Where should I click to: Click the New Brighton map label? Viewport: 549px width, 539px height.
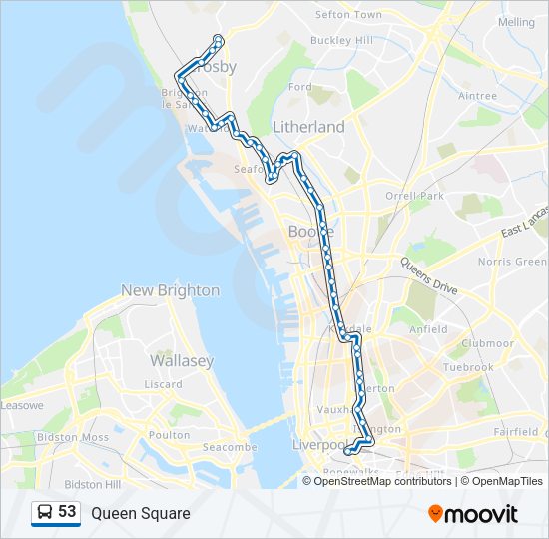pyautogui.click(x=170, y=290)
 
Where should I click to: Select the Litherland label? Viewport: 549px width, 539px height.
pyautogui.click(x=308, y=127)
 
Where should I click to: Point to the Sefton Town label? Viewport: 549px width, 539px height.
pyautogui.click(x=348, y=15)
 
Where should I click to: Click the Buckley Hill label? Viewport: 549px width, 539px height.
pyautogui.click(x=341, y=40)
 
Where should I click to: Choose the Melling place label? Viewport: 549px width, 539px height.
pyautogui.click(x=516, y=21)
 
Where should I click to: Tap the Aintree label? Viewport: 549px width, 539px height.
pyautogui.click(x=477, y=96)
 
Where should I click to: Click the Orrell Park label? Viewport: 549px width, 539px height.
pyautogui.click(x=414, y=196)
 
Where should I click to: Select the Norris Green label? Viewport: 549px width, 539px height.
pyautogui.click(x=512, y=262)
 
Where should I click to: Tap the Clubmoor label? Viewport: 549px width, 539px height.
pyautogui.click(x=487, y=343)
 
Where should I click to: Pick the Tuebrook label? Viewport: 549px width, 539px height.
pyautogui.click(x=469, y=367)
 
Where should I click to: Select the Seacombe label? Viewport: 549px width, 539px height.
pyautogui.click(x=230, y=448)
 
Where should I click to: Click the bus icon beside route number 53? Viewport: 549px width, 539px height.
pyautogui.click(x=44, y=513)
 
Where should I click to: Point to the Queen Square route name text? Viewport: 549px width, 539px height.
pyautogui.click(x=140, y=513)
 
